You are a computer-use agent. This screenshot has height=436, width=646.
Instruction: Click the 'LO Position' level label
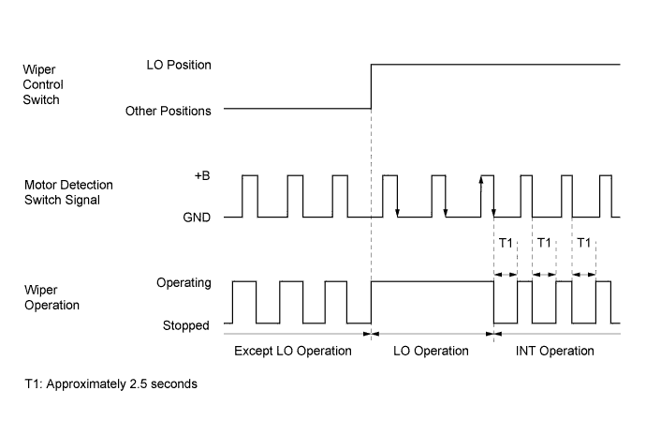coord(179,66)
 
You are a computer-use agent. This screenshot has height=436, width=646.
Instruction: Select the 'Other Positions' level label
coord(168,111)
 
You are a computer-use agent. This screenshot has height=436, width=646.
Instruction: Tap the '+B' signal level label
coord(202,175)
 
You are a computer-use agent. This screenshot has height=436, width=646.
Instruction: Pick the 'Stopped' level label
coord(187,324)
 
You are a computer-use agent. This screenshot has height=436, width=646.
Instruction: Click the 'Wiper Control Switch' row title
coord(43,85)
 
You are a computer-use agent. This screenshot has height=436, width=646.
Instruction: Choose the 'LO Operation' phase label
coord(431,351)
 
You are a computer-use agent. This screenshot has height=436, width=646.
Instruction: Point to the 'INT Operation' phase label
coord(555,351)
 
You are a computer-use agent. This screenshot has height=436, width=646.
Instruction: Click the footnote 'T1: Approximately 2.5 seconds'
coord(111,384)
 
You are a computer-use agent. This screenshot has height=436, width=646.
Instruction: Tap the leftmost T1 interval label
coord(506,245)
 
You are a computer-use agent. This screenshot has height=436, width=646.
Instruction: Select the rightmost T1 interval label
coord(584,245)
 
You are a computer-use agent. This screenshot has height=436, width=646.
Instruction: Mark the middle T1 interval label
coord(545,245)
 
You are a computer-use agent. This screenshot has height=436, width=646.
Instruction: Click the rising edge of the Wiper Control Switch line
coord(372,87)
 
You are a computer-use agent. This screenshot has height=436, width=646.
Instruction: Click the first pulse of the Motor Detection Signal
coord(250,195)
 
